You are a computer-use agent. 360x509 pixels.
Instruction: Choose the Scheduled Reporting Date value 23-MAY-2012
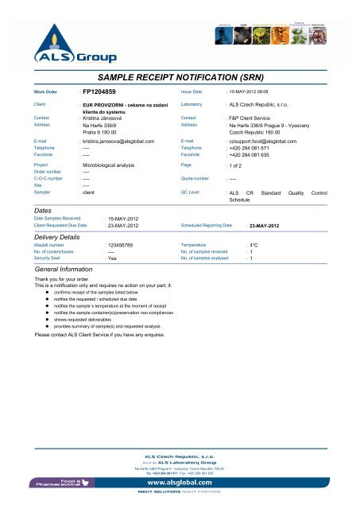(x=263, y=227)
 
